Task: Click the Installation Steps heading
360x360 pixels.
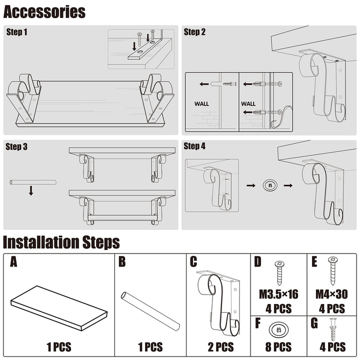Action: coord(61,242)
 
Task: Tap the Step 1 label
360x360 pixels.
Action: coord(17,32)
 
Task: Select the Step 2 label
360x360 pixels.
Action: coord(194,32)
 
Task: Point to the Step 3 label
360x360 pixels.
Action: coord(17,146)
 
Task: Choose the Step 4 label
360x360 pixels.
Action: coord(194,146)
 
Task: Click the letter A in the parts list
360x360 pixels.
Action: coord(13,262)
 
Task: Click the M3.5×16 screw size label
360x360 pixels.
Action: coord(278,294)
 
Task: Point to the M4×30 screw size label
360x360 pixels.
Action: coord(332,294)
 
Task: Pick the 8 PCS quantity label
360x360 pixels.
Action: coord(278,346)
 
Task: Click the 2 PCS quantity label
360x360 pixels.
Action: coord(220,346)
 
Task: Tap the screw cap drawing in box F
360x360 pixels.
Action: coord(278,329)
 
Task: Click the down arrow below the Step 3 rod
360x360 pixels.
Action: coord(31,190)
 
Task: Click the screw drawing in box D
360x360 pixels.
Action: coord(278,272)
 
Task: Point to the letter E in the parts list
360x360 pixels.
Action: coord(313,262)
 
